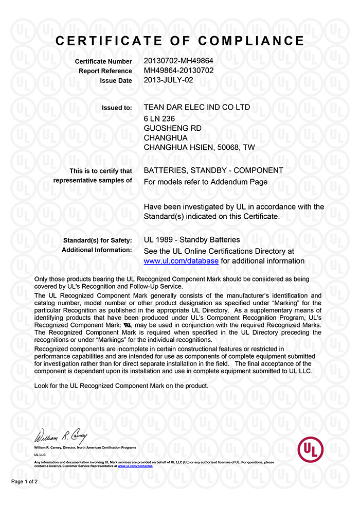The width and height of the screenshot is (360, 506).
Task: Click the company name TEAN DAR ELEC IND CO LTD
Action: click(197, 108)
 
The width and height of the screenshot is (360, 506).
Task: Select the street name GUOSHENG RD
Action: click(172, 128)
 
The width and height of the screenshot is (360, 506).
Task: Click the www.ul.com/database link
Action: click(181, 261)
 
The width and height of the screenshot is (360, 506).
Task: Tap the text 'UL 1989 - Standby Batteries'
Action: click(192, 240)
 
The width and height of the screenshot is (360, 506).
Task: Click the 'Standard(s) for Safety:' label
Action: click(97, 240)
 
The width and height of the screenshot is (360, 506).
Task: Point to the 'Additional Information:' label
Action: click(97, 250)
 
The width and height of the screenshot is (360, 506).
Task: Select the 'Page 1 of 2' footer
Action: click(25, 482)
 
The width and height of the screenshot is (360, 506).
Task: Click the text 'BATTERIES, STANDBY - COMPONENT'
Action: click(213, 170)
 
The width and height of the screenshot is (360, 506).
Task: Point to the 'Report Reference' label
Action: click(105, 71)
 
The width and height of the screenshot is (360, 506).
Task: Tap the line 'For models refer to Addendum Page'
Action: click(206, 182)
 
